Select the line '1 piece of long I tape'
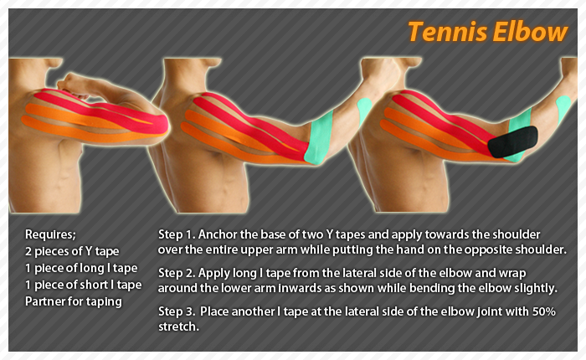coord(82,268)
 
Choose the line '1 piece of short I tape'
coord(84,285)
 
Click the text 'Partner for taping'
coord(74,301)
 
